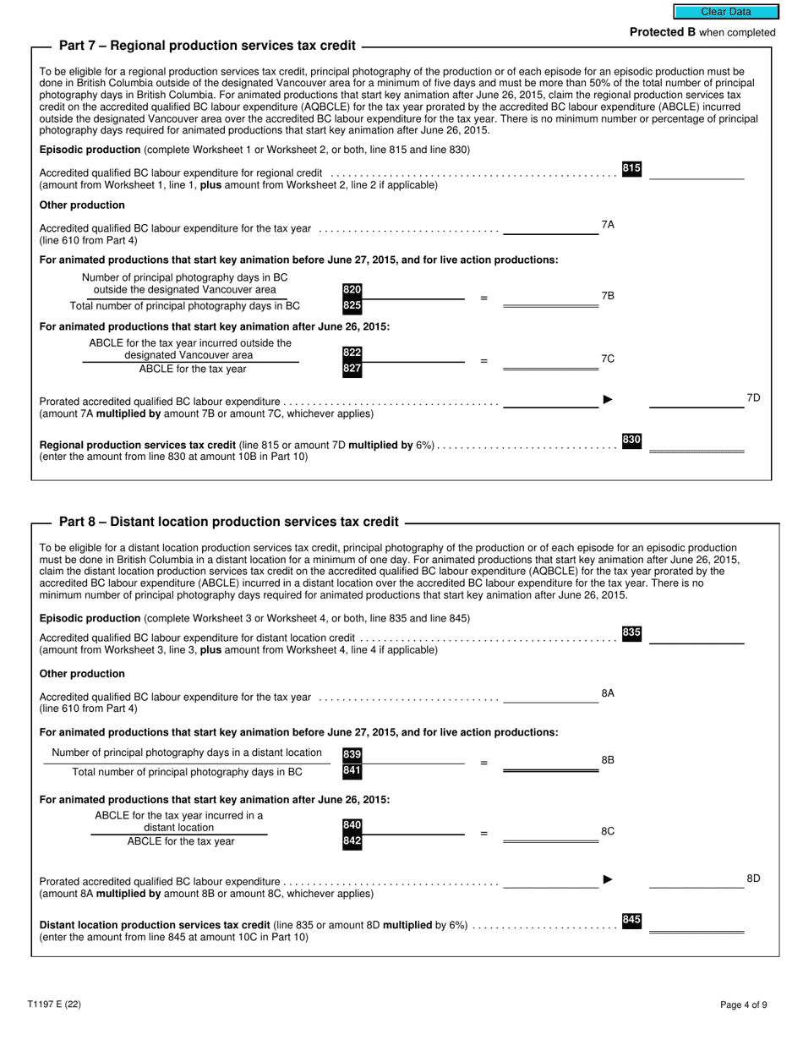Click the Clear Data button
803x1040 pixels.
pos(725,12)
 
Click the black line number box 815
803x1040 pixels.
pos(631,169)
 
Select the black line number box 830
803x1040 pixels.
pos(631,441)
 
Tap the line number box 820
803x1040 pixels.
pos(352,290)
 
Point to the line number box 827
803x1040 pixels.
pos(352,369)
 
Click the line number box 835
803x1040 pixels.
pos(631,633)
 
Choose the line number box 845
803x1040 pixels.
pos(631,920)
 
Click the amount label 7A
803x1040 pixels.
pos(608,225)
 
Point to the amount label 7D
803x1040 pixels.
pos(754,397)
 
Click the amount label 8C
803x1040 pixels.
pos(608,831)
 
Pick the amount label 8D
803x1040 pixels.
pos(754,879)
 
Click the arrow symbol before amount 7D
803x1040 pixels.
pos(608,399)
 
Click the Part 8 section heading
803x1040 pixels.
pos(228,522)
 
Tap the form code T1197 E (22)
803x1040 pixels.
pos(54,1004)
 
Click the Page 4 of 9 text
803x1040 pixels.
pos(744,1005)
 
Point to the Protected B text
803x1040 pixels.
pos(702,32)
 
